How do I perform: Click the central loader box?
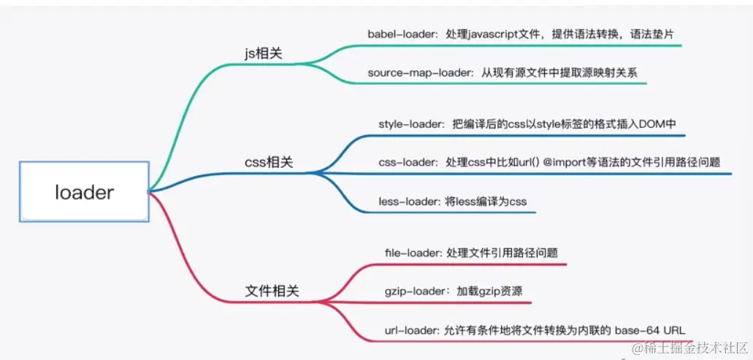85,191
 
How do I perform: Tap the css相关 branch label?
269,162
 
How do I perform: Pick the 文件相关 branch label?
272,291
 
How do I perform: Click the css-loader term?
405,161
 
